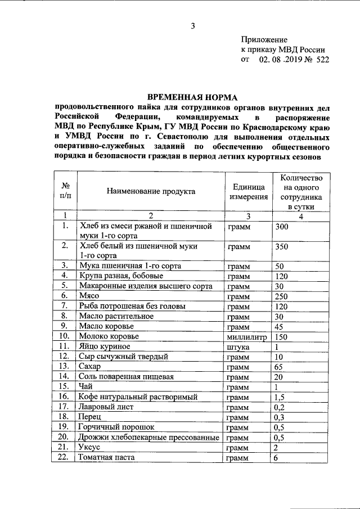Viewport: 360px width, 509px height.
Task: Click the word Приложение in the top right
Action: (264, 40)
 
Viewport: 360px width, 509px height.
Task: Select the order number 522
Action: (322, 59)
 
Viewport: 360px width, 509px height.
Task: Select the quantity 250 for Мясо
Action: (283, 295)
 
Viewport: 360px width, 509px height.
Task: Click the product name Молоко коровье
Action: (109, 336)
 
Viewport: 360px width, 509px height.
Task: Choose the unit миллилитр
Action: (245, 336)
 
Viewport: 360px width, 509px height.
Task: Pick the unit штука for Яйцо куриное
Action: (237, 346)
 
